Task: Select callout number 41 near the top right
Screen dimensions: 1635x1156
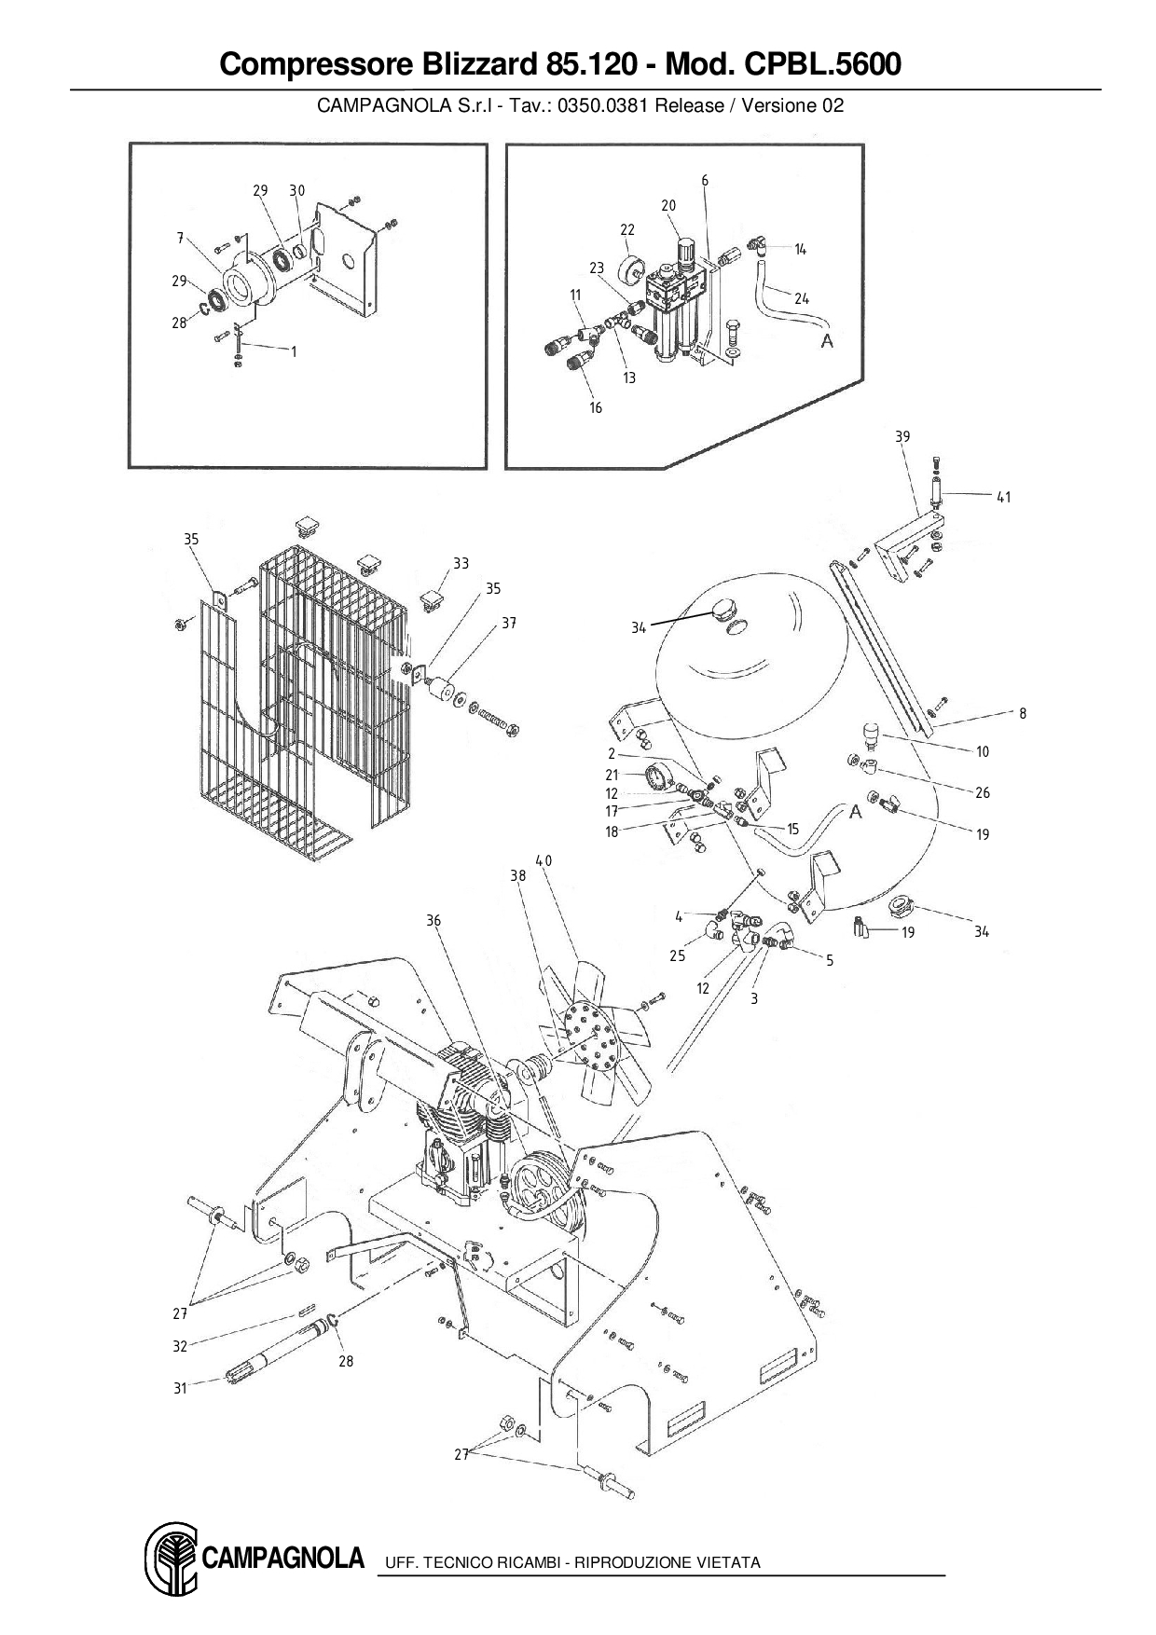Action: [1003, 498]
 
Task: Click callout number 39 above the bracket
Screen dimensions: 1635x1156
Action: [902, 436]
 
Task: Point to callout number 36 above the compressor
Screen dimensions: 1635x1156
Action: [433, 920]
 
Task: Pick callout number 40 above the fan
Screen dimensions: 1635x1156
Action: [544, 860]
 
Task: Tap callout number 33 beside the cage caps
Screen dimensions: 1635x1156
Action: [461, 563]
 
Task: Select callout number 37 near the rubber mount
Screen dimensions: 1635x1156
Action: [509, 623]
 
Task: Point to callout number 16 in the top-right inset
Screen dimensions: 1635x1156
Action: [596, 407]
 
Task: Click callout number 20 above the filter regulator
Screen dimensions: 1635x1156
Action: [668, 205]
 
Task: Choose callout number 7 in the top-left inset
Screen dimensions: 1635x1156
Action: [180, 238]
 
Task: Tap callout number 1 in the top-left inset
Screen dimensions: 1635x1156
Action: [294, 351]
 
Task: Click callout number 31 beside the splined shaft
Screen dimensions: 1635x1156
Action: [180, 1388]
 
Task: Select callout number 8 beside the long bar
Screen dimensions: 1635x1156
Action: [1023, 713]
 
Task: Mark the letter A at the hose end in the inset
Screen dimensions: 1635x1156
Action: [826, 342]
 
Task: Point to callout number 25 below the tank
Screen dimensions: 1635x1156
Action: [677, 955]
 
